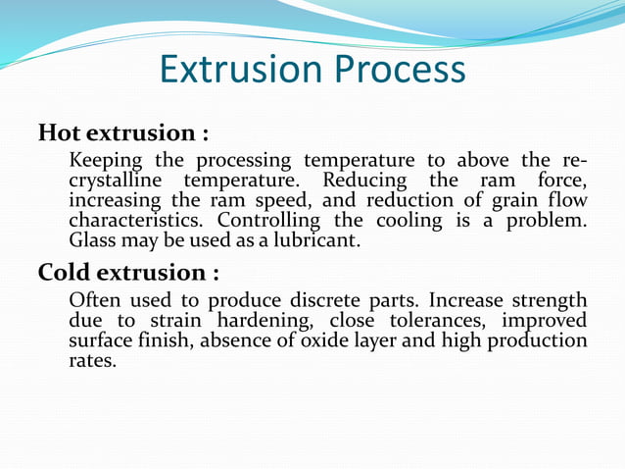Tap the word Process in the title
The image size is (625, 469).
click(x=397, y=70)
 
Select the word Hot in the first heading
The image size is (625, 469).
click(x=60, y=132)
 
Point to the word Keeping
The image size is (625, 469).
click(x=106, y=161)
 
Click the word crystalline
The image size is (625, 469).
click(x=118, y=181)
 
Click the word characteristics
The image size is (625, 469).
click(x=139, y=220)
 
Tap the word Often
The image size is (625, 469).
click(x=96, y=300)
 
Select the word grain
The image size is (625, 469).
click(x=523, y=200)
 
